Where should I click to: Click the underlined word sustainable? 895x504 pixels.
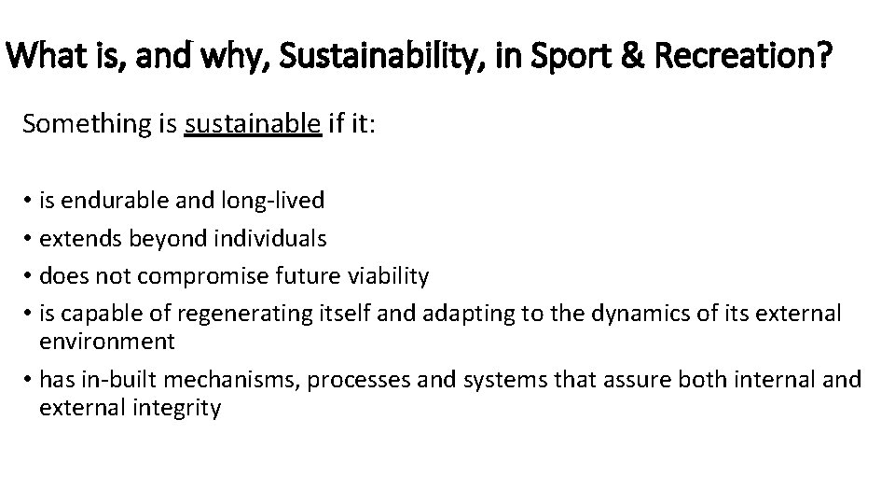point(253,124)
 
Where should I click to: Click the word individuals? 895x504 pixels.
point(271,238)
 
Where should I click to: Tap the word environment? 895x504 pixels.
point(107,342)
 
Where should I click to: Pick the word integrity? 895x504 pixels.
point(177,408)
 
